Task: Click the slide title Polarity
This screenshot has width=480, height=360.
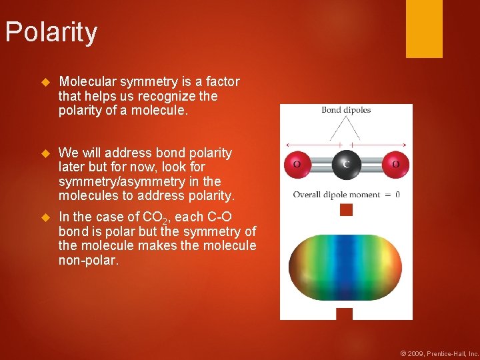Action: click(51, 33)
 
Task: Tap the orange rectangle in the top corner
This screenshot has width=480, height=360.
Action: click(424, 29)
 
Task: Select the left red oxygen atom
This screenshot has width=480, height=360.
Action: click(296, 164)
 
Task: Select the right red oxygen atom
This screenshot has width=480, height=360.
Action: click(395, 164)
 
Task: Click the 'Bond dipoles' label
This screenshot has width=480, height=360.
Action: click(346, 110)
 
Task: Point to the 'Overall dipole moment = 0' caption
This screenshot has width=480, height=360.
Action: click(346, 195)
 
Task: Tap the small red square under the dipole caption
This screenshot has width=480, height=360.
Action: click(345, 210)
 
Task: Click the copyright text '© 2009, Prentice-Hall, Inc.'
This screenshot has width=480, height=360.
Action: click(439, 353)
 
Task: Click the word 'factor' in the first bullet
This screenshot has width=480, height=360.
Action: click(222, 82)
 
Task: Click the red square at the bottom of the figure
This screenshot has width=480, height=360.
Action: click(344, 313)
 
